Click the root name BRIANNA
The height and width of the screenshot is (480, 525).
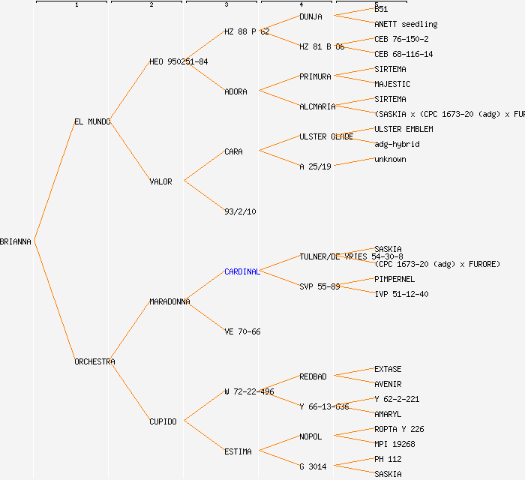click(16, 241)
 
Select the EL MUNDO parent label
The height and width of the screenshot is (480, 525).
click(92, 121)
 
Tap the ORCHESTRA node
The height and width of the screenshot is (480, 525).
click(94, 361)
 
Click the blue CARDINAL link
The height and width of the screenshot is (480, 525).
click(241, 271)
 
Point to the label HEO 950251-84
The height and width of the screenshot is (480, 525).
click(178, 61)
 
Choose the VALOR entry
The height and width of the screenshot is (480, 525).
click(160, 181)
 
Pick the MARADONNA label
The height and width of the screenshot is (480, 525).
click(169, 301)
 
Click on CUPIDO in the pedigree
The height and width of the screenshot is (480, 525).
click(163, 421)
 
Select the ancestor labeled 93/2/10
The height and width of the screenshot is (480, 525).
click(240, 211)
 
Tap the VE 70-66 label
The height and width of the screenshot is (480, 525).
click(242, 331)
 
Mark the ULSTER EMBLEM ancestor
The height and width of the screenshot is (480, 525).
click(403, 129)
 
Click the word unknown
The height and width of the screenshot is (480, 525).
click(390, 159)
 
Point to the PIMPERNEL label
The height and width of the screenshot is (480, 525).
click(394, 279)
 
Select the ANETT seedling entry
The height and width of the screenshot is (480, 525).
click(406, 24)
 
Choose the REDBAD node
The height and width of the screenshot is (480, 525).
click(313, 376)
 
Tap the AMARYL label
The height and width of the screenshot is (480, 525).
click(388, 414)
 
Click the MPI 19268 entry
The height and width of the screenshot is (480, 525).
click(394, 444)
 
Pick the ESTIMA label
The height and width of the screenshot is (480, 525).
click(238, 451)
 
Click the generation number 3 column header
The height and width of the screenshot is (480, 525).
click(226, 5)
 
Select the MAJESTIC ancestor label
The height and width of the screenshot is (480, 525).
click(392, 84)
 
